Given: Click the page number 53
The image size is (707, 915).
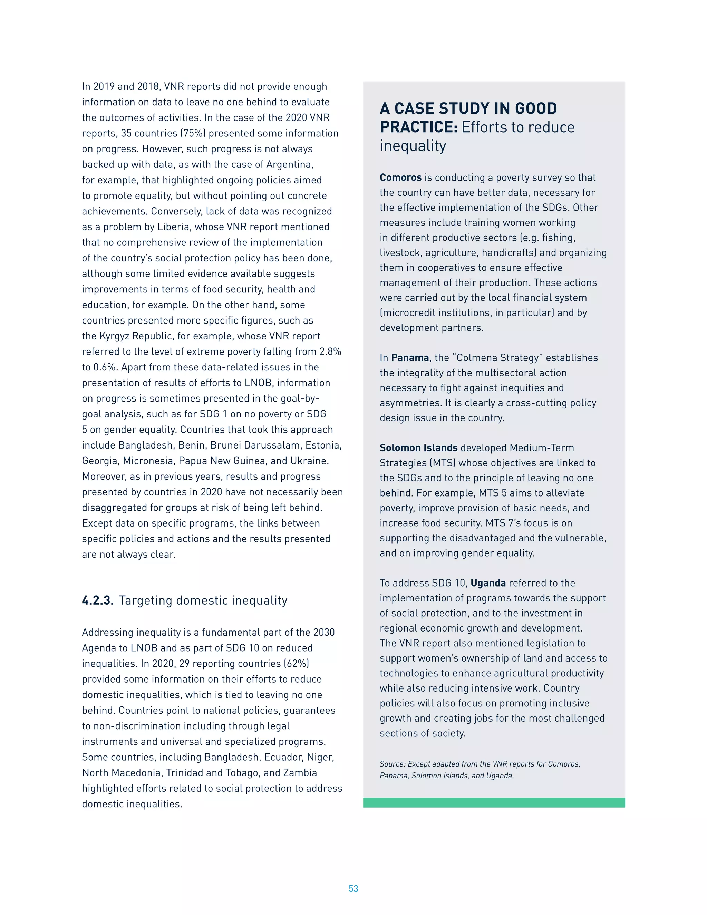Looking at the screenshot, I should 353,888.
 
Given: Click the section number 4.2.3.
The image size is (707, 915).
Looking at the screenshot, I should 98,600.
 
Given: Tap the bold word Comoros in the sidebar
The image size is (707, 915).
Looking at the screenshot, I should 400,177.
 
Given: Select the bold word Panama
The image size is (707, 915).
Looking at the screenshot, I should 410,357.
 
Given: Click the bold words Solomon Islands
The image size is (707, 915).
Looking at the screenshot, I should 418,447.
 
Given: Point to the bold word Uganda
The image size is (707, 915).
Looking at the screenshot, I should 488,583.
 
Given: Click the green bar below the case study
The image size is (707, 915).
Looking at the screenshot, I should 494,802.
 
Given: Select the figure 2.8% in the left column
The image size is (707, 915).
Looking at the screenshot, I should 330,351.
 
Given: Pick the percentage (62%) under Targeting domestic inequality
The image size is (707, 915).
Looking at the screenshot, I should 297,663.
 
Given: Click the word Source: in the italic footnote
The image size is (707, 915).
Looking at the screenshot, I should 392,764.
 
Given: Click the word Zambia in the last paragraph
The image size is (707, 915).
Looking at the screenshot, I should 300,772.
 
